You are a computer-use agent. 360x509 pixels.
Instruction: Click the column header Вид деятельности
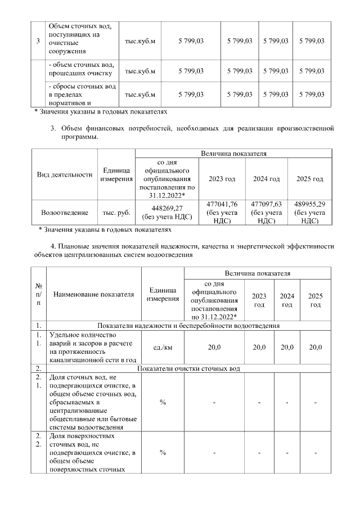tap(65, 174)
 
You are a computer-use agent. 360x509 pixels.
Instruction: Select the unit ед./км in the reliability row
tap(163, 348)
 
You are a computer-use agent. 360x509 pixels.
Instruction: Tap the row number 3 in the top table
tap(38, 41)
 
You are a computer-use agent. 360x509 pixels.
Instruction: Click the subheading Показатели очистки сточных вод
tap(191, 369)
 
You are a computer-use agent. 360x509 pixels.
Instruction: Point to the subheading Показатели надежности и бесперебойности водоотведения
tap(191, 326)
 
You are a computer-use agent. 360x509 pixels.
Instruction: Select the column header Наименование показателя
tap(93, 294)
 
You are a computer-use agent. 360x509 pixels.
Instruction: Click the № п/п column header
tap(38, 294)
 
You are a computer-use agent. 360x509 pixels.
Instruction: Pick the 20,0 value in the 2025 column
tap(316, 348)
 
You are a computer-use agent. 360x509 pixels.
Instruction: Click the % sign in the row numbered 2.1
tap(163, 403)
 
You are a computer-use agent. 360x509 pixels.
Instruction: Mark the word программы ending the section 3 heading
tap(79, 137)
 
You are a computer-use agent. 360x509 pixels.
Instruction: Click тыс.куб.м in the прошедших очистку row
tap(140, 71)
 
